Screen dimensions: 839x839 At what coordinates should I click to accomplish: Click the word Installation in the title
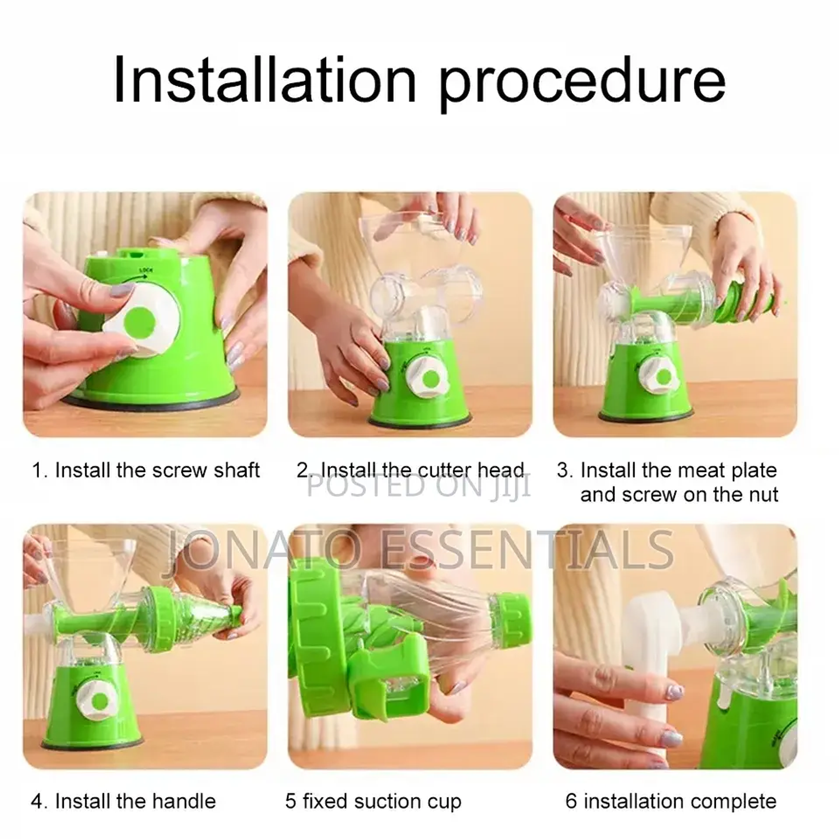tap(265, 80)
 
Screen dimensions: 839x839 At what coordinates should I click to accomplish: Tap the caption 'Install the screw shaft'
tap(157, 470)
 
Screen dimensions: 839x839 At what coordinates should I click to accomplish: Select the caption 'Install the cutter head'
tap(422, 470)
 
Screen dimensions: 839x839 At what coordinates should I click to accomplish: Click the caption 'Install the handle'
tap(135, 801)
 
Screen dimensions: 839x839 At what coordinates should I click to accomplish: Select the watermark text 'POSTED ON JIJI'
tap(418, 486)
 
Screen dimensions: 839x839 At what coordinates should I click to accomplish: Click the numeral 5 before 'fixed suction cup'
tap(291, 801)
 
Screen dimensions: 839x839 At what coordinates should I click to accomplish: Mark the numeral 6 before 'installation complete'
tap(571, 801)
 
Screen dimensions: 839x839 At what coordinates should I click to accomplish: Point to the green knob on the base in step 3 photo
tap(664, 377)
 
